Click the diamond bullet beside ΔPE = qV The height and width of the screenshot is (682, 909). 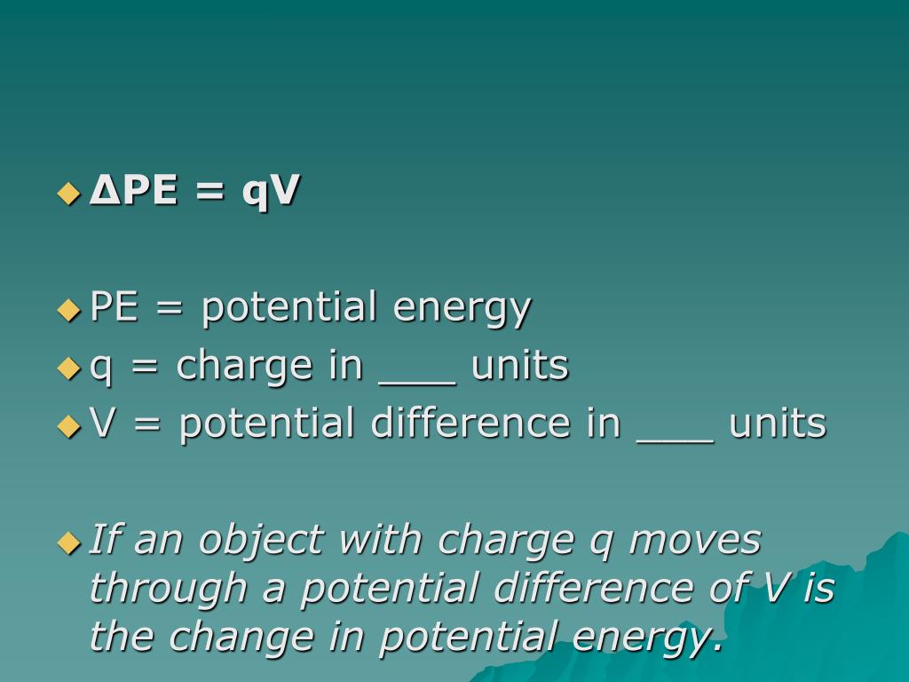68,193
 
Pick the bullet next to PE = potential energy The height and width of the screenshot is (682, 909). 68,310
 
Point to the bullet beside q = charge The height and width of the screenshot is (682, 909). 68,368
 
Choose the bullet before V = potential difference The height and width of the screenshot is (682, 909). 68,426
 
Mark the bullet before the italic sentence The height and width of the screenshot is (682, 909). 68,543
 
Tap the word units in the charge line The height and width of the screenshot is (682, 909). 519,366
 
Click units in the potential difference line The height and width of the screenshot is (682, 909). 778,424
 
